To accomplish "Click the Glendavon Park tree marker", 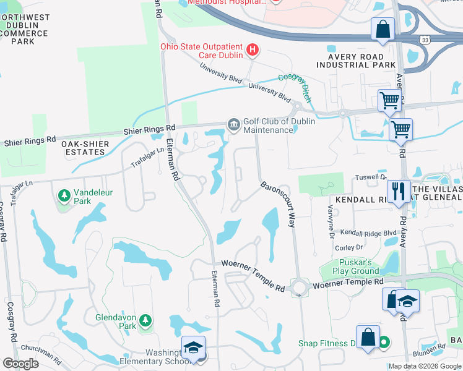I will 145,321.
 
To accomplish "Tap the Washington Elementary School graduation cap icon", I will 193,348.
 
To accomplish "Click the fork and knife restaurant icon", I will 397,191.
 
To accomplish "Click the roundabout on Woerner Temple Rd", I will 300,288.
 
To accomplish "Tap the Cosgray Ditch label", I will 295,86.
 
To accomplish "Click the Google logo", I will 20,363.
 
